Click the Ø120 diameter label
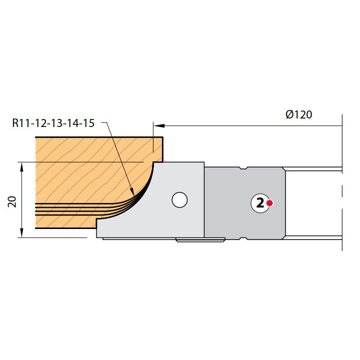(x=298, y=114)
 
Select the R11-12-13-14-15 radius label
(x=53, y=123)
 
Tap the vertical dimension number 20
(x=12, y=202)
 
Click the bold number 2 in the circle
(x=260, y=203)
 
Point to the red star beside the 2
(x=269, y=203)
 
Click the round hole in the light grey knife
(x=179, y=199)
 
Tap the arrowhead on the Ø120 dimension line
(x=159, y=125)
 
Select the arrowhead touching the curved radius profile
(x=132, y=192)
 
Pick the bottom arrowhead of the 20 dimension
(x=21, y=233)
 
